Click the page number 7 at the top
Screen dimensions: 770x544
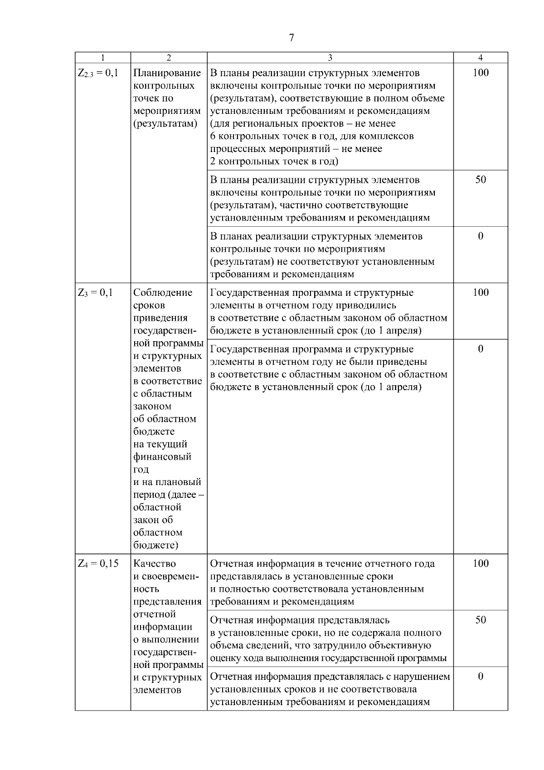(x=291, y=38)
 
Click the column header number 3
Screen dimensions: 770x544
(x=330, y=58)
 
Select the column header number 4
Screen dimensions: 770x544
(x=481, y=58)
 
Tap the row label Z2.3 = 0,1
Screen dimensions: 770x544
(x=97, y=73)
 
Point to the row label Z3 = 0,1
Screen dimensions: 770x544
(x=95, y=293)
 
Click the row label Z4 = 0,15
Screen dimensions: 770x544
(x=98, y=564)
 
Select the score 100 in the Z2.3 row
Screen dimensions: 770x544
(x=481, y=73)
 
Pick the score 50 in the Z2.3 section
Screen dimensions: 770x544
(x=481, y=180)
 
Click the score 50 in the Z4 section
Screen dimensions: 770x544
(x=481, y=620)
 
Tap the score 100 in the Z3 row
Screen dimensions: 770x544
(x=481, y=293)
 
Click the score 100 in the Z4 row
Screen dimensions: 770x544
(x=481, y=564)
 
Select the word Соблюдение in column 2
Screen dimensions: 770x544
(x=163, y=293)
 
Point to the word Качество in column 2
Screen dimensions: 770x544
(x=155, y=564)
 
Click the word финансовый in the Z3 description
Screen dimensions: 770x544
(x=162, y=457)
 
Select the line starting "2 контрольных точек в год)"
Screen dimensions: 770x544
(x=274, y=162)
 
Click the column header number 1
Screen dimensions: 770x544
(x=103, y=58)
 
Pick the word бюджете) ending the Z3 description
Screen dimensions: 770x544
(x=156, y=545)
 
